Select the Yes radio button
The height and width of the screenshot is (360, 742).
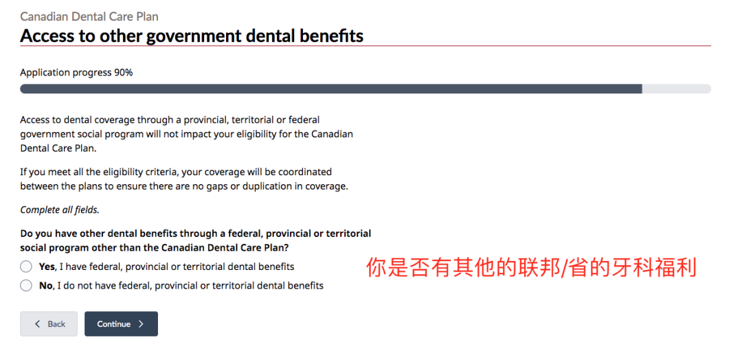[26, 267]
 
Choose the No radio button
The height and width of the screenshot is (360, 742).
[26, 286]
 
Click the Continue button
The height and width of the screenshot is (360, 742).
[121, 324]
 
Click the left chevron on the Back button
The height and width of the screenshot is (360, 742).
[38, 324]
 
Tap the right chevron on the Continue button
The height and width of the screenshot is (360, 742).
[141, 324]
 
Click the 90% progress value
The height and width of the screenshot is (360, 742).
[123, 73]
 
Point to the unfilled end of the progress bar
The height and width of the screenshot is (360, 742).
[676, 89]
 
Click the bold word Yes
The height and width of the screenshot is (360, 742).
[47, 267]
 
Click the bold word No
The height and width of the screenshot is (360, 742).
[45, 286]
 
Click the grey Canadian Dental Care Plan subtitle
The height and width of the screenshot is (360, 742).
[89, 16]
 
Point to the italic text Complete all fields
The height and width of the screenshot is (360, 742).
[60, 210]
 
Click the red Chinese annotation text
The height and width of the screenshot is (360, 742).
[531, 267]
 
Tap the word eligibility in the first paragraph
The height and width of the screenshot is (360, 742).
[256, 135]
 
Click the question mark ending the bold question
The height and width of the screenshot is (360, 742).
[286, 247]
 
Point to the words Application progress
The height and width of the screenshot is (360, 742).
[66, 73]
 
